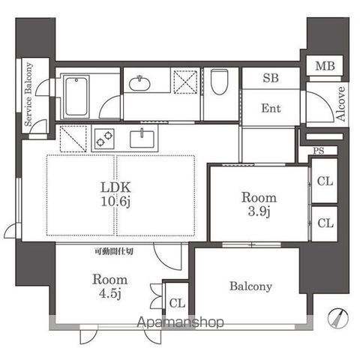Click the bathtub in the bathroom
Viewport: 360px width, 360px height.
point(76,97)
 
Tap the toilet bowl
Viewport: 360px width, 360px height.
point(219,82)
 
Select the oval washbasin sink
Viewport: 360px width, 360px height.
point(139,83)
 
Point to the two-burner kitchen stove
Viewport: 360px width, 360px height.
point(104,138)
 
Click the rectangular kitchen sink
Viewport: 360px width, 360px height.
point(142,139)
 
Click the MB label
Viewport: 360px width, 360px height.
point(325,66)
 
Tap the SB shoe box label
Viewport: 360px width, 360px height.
point(271,78)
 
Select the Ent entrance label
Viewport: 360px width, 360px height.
point(271,108)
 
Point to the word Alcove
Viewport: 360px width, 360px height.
point(340,103)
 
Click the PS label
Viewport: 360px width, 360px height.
point(319,151)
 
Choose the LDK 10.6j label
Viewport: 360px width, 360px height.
point(115,194)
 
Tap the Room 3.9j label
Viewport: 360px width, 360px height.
point(259,204)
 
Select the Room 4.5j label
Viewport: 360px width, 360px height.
point(110,286)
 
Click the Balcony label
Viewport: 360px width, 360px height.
point(250,286)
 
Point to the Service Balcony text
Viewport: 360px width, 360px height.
point(28,94)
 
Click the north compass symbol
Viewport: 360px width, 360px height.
point(338,318)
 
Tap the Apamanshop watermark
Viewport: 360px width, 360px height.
point(180,322)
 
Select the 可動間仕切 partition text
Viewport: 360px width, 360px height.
point(114,251)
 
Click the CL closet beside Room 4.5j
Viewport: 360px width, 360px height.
point(177,303)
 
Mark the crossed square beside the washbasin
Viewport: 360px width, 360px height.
point(185,82)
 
